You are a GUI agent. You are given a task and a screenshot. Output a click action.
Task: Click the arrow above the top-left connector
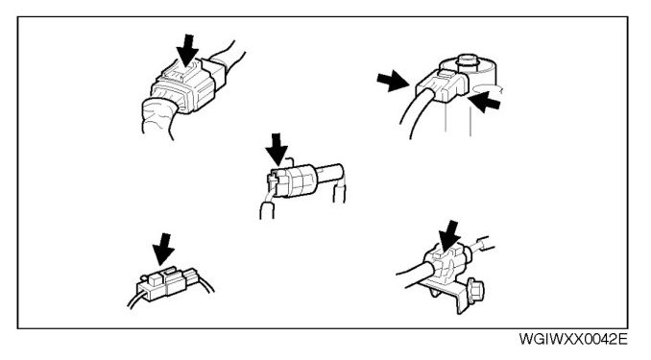[x=187, y=50]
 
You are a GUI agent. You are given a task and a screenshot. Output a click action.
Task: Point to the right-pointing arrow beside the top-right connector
[x=393, y=81]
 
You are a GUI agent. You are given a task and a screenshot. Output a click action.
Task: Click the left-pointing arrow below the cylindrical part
[x=485, y=102]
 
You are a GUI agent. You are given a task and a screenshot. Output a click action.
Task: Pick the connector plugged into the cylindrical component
[x=443, y=86]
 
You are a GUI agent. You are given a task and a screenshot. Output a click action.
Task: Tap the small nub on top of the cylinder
[x=467, y=60]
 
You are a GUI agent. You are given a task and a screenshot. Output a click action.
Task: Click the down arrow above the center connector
[x=277, y=150]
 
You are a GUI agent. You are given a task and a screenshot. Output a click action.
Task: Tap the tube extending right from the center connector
[x=331, y=172]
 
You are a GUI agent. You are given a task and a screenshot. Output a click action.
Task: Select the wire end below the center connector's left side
[x=267, y=210]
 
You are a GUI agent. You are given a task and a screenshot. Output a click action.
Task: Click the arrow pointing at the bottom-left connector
[x=163, y=250]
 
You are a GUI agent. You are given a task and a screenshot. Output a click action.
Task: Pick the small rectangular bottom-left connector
[x=166, y=283]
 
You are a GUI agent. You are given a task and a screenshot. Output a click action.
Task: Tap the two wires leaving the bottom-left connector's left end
[x=137, y=300]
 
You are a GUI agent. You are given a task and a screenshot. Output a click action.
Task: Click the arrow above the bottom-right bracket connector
[x=449, y=236]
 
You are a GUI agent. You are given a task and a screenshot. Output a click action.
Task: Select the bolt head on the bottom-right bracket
[x=476, y=291]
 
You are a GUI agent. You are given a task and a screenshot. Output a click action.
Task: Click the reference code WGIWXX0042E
[x=573, y=339]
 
